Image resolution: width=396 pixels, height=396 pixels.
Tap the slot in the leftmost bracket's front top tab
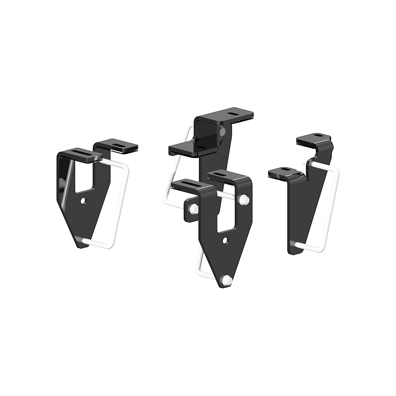coord(76,152)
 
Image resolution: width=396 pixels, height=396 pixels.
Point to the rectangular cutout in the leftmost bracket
coord(84,177)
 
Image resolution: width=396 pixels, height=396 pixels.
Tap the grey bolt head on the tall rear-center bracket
coord(223,132)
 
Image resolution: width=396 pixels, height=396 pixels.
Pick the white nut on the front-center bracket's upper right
coord(245,200)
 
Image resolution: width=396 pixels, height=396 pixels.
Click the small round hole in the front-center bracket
coord(225,240)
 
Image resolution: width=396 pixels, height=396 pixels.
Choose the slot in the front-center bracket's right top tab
coord(225,175)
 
